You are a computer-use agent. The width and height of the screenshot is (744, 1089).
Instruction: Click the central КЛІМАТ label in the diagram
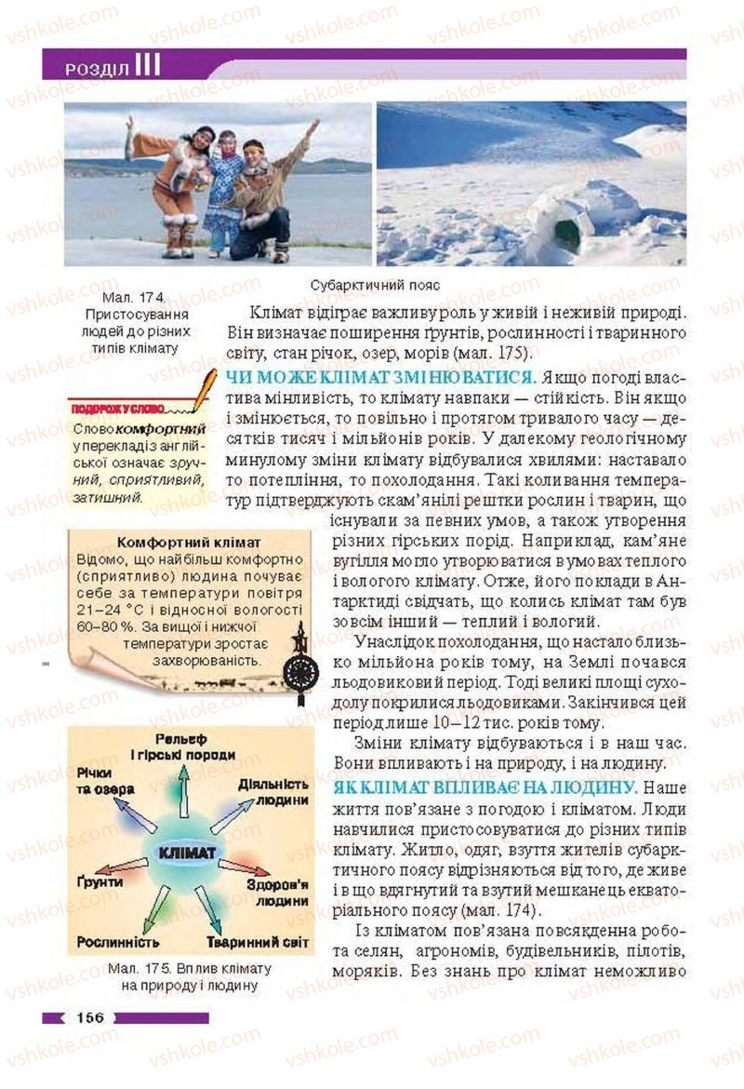click(x=187, y=852)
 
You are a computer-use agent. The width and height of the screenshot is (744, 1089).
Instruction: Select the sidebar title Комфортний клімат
click(x=189, y=543)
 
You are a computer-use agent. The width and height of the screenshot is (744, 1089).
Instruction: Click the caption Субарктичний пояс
click(x=375, y=285)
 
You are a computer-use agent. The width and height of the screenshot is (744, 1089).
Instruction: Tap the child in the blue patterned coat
click(x=223, y=191)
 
